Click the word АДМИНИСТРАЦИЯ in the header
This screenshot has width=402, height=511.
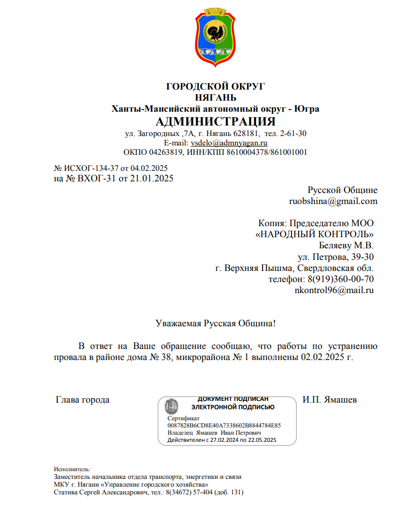pos(216,122)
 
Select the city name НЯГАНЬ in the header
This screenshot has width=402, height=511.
pos(216,98)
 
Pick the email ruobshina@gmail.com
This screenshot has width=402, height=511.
pos(333,201)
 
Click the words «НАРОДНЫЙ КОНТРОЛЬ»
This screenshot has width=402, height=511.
pos(315,234)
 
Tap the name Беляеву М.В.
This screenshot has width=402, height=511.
pos(346,245)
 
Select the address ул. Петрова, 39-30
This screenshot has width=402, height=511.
pos(336,257)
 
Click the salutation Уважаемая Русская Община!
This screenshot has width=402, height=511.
pos(215,323)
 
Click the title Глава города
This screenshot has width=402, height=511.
pos(83,399)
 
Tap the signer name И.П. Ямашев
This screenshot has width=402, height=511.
pos(330,399)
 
